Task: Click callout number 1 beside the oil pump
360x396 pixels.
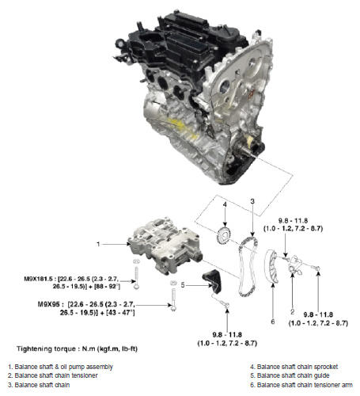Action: pos(98,244)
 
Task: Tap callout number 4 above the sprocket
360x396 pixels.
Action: pos(225,204)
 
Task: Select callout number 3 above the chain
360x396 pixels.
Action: pos(252,201)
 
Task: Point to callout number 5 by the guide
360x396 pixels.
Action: pos(183,285)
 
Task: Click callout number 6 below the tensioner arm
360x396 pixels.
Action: pos(273,322)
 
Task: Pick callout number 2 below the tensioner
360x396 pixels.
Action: pos(292,312)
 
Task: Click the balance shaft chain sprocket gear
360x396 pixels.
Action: pos(223,235)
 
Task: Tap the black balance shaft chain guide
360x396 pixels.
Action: pos(212,282)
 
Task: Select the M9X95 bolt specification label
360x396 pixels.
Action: pos(48,304)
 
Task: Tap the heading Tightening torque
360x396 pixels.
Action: pos(47,348)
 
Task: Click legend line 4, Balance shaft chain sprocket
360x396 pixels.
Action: pos(294,367)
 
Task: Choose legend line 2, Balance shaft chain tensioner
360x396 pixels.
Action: pos(53,375)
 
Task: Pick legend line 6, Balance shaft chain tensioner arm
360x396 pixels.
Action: pos(301,385)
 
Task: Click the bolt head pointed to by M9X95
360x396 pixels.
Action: pos(173,308)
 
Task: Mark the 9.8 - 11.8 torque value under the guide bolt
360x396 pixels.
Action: pos(227,335)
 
